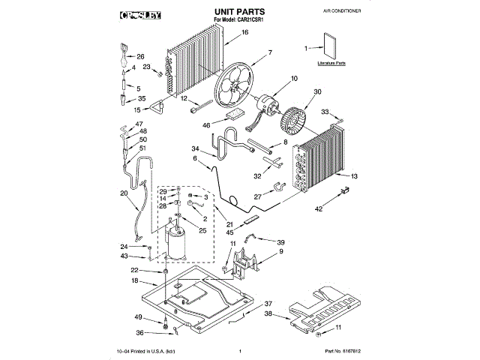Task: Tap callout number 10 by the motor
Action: click(x=294, y=78)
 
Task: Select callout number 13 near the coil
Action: click(x=354, y=175)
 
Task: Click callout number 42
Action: click(x=319, y=208)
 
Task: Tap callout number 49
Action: click(x=138, y=316)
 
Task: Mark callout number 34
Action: click(x=194, y=148)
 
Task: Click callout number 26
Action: click(x=140, y=56)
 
